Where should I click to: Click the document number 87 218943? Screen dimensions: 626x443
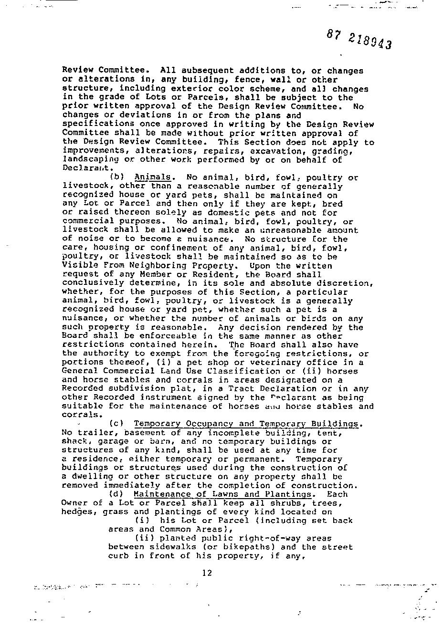coord(360,39)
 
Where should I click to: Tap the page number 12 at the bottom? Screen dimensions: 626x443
coord(207,573)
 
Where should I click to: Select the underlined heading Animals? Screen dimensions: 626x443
coord(152,177)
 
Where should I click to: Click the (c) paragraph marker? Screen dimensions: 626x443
coord(116,424)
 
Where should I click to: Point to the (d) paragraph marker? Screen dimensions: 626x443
coord(116,494)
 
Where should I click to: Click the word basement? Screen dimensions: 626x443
coord(144,433)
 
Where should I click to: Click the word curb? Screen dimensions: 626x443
coord(118,556)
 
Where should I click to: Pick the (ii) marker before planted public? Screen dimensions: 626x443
coord(144,538)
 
